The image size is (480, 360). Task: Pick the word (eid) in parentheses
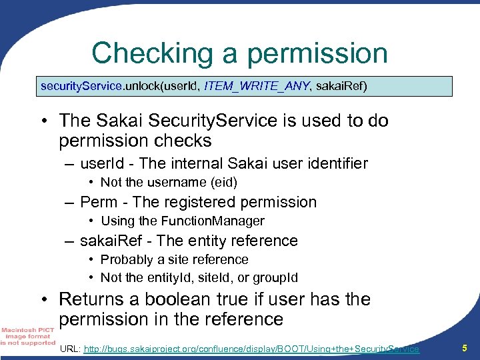coord(224,182)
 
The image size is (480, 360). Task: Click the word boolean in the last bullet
coord(182,299)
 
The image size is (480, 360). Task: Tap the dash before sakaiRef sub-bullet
coord(69,240)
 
